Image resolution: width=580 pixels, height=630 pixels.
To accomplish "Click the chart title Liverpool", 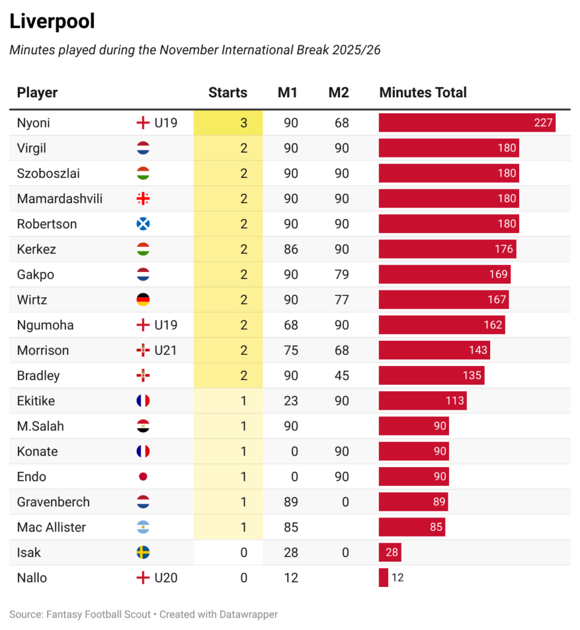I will [x=52, y=22].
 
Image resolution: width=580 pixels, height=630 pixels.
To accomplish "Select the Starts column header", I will [x=228, y=93].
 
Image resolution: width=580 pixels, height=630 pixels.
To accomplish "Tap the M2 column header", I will [x=338, y=93].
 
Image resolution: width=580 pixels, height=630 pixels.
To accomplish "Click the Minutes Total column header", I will [x=423, y=93].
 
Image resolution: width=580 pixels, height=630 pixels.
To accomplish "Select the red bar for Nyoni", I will [x=467, y=123].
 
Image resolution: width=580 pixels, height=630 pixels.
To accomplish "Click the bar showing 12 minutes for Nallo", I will [x=383, y=578].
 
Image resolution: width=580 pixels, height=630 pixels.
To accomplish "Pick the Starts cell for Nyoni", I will [x=228, y=123].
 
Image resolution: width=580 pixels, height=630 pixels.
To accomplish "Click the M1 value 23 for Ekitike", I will [x=291, y=401].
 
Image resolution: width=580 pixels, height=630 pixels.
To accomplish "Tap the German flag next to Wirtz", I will [x=143, y=300].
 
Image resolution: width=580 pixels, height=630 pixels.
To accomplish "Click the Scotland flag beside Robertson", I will [x=143, y=224].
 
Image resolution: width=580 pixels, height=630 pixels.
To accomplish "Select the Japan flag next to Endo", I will [x=143, y=477].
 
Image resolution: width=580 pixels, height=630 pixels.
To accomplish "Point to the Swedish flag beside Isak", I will [x=143, y=552].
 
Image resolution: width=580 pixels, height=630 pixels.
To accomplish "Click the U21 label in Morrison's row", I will [x=165, y=351].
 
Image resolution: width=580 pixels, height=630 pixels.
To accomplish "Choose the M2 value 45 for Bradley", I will [x=341, y=376].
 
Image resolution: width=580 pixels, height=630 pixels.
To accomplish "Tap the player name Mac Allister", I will [x=52, y=527].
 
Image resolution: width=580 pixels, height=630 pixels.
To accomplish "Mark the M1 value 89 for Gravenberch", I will [x=291, y=502].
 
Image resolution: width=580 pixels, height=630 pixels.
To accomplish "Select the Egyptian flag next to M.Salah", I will [x=143, y=426].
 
